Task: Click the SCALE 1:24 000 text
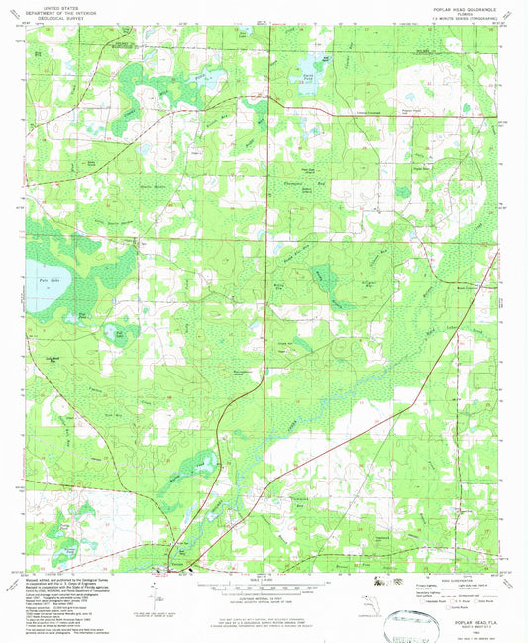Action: [x=264, y=575]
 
